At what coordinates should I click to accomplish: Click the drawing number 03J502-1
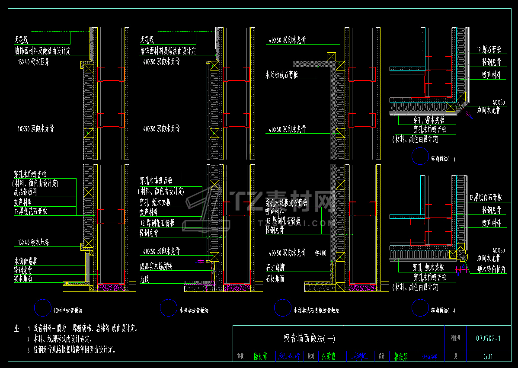point(488,338)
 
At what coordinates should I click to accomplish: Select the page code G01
point(488,357)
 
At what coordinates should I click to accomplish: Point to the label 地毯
point(144,279)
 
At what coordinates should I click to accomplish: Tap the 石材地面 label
point(275,279)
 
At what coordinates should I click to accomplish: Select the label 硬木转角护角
point(492,270)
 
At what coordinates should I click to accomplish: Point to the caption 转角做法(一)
point(443,159)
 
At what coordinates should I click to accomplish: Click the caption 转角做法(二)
point(443,310)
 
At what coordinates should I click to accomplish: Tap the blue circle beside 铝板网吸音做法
point(42,308)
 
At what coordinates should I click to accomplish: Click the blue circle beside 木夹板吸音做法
point(168,308)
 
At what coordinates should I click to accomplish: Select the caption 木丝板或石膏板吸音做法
point(316,310)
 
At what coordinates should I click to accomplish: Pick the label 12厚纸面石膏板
point(485,198)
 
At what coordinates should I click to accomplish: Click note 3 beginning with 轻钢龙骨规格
point(71,350)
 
